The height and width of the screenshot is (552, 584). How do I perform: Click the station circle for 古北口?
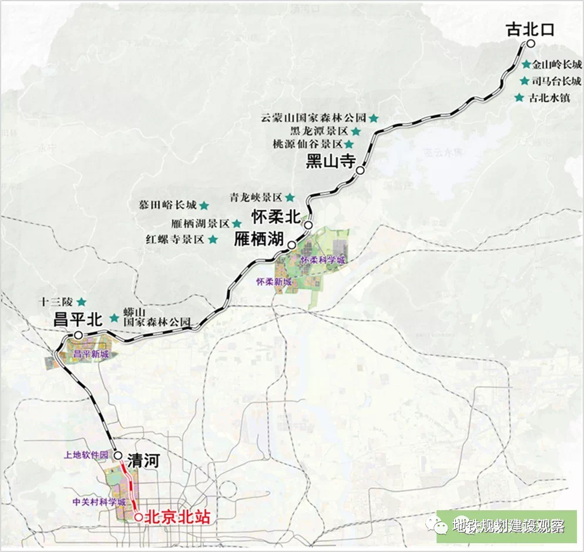click(530, 44)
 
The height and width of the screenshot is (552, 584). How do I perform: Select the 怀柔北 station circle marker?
click(308, 225)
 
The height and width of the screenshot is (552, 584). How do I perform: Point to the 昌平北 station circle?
click(78, 335)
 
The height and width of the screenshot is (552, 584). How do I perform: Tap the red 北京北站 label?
click(177, 518)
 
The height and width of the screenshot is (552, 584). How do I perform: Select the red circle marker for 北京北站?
click(138, 518)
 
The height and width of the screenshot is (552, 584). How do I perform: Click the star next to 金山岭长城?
click(526, 65)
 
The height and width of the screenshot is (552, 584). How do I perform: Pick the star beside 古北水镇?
click(519, 98)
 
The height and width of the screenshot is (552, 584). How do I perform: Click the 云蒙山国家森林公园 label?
click(314, 117)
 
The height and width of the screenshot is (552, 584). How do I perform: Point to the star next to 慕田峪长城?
click(204, 205)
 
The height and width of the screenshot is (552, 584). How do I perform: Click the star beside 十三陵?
click(82, 301)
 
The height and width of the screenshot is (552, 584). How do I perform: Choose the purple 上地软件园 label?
click(86, 455)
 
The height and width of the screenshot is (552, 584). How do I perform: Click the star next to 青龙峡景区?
click(289, 197)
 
